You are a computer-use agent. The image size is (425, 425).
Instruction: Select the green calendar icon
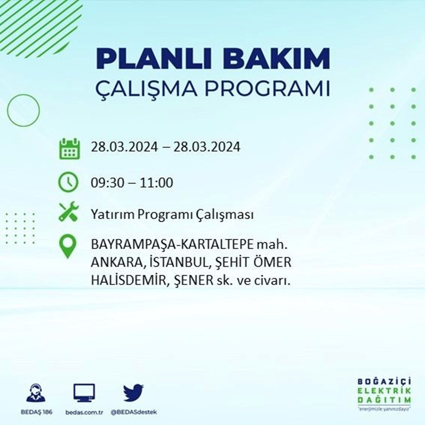coord(68,148)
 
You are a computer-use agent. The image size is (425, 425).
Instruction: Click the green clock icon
coord(68,183)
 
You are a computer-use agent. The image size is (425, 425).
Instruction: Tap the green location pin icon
coord(68,247)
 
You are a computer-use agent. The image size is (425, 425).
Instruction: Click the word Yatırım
coord(112,215)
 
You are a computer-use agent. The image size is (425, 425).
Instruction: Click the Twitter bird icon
coord(133,393)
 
